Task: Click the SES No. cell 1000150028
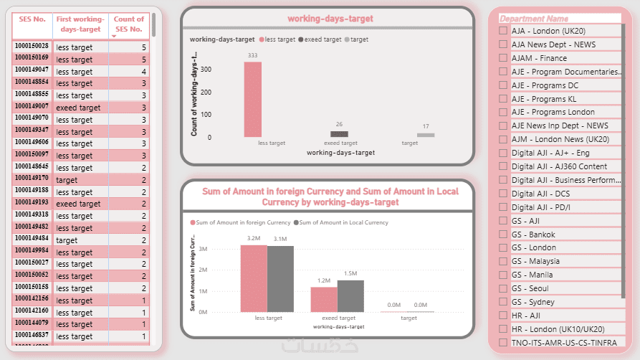click(x=32, y=47)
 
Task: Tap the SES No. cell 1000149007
click(x=32, y=106)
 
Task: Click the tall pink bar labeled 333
click(x=252, y=99)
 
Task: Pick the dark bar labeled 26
click(x=339, y=134)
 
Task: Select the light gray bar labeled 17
click(x=426, y=135)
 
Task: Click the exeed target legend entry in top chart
click(x=320, y=39)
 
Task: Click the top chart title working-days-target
click(x=330, y=19)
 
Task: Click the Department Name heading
click(x=534, y=19)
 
